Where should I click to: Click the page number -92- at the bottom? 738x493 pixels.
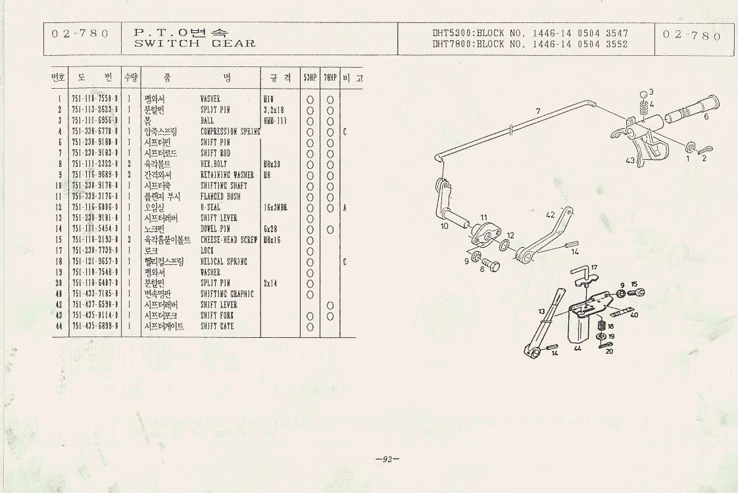click(x=387, y=459)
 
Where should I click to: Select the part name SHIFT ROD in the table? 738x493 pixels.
click(x=215, y=153)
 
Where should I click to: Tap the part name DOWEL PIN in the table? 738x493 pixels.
click(x=215, y=229)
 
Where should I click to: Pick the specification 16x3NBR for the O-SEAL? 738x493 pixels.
click(x=277, y=207)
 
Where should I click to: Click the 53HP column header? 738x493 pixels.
click(x=310, y=78)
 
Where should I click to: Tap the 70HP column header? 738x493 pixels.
click(x=330, y=78)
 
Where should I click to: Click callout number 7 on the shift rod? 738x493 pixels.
click(x=538, y=111)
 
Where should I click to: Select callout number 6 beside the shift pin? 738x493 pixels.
click(x=706, y=116)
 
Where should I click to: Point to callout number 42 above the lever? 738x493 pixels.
click(x=550, y=214)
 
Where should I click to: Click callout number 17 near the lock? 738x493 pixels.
click(x=593, y=268)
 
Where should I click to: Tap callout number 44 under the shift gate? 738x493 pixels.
click(x=578, y=348)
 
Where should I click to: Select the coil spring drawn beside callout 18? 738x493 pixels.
click(x=601, y=326)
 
